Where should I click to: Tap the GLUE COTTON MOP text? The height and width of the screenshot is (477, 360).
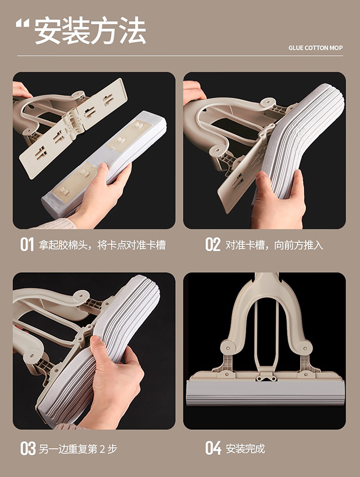[x=315, y=48]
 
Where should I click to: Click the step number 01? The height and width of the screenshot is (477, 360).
[x=27, y=245]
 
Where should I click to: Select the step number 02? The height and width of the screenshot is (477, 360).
[x=213, y=245]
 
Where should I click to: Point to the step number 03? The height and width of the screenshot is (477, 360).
[x=28, y=448]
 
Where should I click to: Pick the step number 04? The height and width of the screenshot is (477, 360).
[x=213, y=448]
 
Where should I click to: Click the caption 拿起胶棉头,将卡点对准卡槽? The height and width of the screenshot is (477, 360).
[x=102, y=245]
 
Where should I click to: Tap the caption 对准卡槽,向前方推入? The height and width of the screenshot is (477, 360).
[x=274, y=245]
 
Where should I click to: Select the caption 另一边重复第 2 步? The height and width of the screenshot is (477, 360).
[x=78, y=449]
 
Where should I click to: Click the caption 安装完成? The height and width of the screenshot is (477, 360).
[x=245, y=449]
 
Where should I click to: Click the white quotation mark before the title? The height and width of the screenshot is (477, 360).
[x=23, y=24]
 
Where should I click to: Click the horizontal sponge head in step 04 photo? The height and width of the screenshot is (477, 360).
[x=265, y=392]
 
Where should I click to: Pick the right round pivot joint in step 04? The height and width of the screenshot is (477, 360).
[x=305, y=347]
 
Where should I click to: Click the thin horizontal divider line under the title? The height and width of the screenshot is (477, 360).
[x=180, y=56]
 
